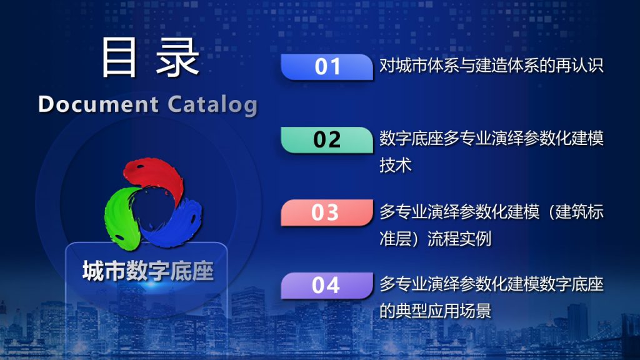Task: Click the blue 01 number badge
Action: click(x=327, y=66)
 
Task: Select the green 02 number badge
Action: click(x=327, y=139)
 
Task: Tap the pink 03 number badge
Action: click(x=327, y=212)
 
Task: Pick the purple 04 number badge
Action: click(x=327, y=285)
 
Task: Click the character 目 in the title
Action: click(x=118, y=57)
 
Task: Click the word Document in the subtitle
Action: click(x=98, y=104)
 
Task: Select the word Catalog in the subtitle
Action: click(x=212, y=104)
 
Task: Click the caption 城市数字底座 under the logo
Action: click(x=147, y=271)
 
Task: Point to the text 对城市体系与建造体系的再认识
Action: click(x=491, y=65)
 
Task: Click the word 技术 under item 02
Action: click(x=396, y=165)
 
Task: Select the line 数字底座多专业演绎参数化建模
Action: click(x=491, y=138)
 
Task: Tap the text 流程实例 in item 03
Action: click(x=459, y=239)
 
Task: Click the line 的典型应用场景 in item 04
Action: click(x=435, y=311)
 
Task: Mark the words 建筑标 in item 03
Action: click(x=579, y=212)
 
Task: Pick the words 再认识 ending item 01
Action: click(x=579, y=65)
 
